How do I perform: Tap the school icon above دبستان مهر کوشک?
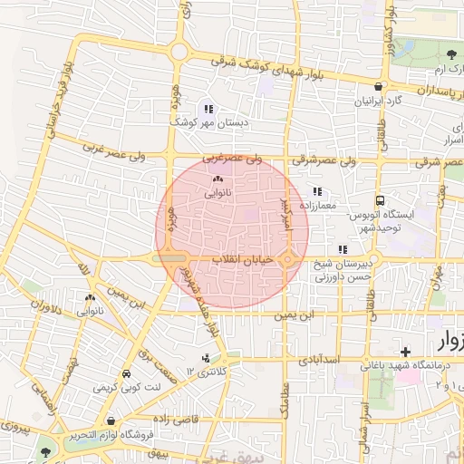tap(210, 108)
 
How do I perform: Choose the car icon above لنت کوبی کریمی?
tap(126, 373)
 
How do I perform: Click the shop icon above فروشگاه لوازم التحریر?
tap(111, 420)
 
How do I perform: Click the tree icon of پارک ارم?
tap(450, 54)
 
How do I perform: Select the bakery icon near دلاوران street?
tap(90, 298)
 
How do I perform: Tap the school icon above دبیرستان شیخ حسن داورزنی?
tap(342, 249)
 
